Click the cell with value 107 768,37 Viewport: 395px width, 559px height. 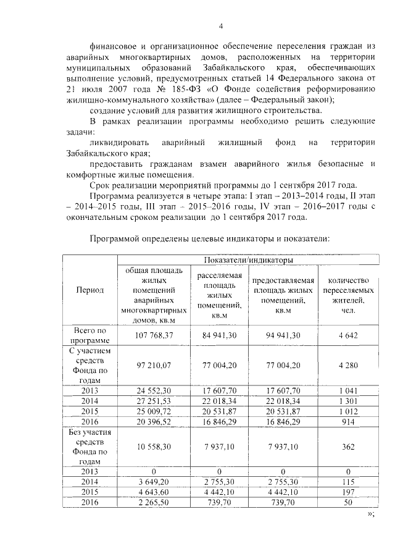click(x=154, y=335)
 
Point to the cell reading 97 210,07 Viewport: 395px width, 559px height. click(x=154, y=365)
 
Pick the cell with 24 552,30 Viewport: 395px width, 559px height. click(x=154, y=390)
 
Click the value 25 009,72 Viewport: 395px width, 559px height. click(x=154, y=411)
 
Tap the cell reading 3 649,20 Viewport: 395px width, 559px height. click(x=154, y=481)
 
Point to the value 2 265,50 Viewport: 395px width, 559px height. click(x=154, y=502)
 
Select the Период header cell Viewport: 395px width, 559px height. click(x=90, y=290)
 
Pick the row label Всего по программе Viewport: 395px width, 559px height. click(x=90, y=335)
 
